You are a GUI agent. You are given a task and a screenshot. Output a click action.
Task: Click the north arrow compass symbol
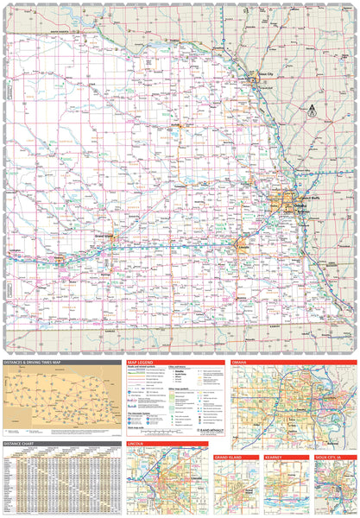point(313,109)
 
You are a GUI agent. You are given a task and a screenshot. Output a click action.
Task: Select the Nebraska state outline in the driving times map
point(60,393)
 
